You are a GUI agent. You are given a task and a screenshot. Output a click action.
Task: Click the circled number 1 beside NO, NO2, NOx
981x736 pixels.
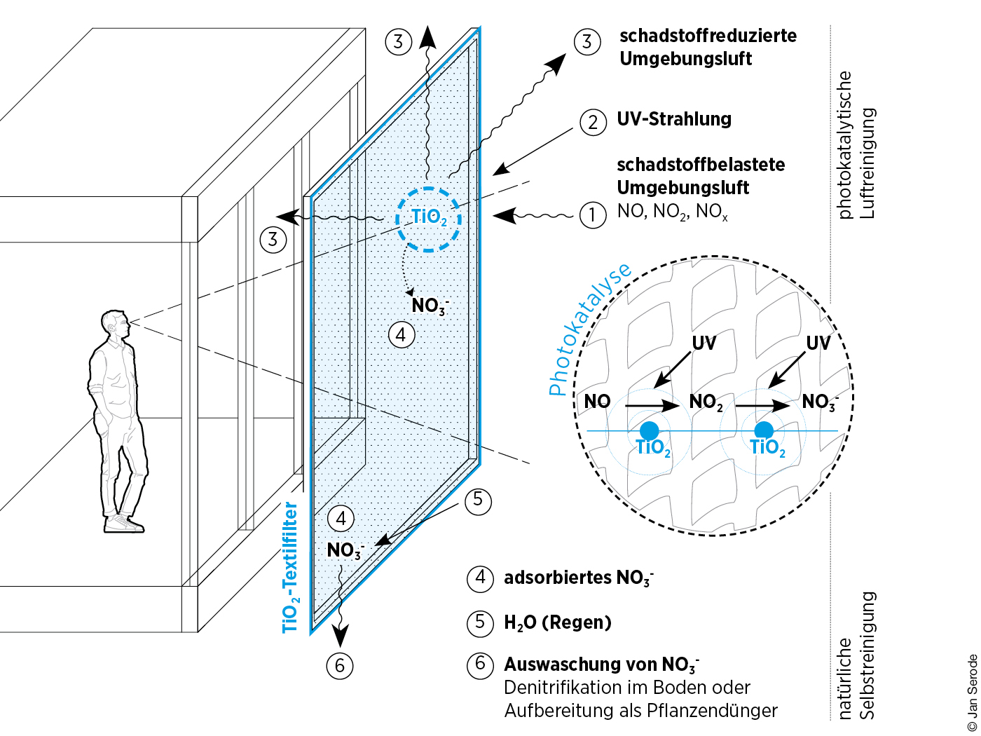coord(592,214)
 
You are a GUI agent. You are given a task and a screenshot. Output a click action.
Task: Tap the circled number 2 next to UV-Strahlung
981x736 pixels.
coord(593,122)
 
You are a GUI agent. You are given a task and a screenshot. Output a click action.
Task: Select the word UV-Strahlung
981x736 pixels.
coord(674,119)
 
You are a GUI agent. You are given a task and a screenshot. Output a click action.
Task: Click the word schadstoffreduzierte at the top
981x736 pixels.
coord(708,36)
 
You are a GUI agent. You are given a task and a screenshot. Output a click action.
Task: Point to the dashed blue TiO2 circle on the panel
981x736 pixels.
coord(429,219)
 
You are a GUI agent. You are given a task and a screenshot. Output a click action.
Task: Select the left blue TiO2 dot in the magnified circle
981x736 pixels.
coord(650,430)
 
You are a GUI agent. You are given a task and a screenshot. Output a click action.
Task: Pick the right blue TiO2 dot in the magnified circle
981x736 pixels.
coord(764,430)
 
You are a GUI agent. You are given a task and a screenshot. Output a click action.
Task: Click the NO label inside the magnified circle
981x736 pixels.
coord(597,402)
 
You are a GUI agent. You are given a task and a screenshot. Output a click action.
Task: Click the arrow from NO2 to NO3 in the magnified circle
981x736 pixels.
coord(762,405)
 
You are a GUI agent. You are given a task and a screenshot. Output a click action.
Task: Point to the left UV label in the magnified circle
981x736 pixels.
coord(704,343)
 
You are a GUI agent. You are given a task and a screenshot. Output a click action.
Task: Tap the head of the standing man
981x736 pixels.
coord(115,325)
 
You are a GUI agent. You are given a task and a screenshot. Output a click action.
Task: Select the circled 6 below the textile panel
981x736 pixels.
coord(340,665)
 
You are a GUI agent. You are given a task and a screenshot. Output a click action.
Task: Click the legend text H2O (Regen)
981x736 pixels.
coord(558,622)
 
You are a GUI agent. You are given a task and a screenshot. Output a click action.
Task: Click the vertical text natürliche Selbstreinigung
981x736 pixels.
coord(856,655)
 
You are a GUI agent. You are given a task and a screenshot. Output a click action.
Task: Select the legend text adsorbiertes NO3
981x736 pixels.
coord(578,578)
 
